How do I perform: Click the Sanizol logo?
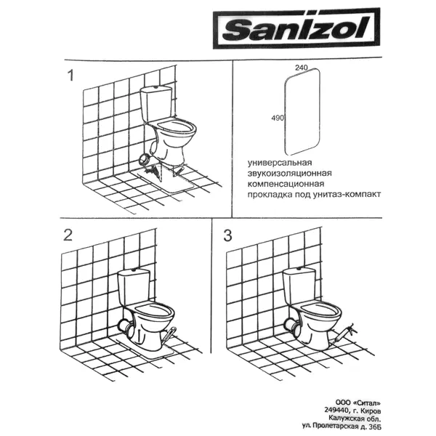click(296, 28)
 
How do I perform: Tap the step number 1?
click(71, 76)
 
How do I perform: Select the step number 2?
click(68, 235)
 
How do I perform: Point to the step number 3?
click(227, 235)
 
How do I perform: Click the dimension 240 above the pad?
click(302, 68)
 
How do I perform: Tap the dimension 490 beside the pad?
click(278, 118)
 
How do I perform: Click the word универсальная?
click(280, 162)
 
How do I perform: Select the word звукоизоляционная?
click(289, 173)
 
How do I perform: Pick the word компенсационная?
click(286, 184)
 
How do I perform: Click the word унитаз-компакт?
click(347, 194)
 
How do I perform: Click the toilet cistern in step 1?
click(156, 104)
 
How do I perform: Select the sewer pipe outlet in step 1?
click(145, 160)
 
